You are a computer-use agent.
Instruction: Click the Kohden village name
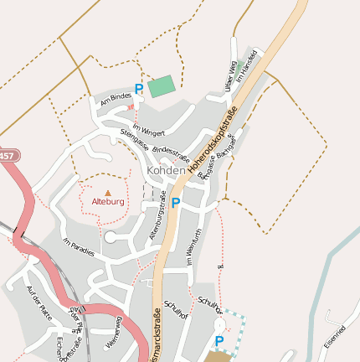pyautogui.click(x=166, y=170)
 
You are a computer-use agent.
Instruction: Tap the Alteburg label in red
pyautogui.click(x=108, y=202)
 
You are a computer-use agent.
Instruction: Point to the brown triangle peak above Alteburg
pyautogui.click(x=108, y=193)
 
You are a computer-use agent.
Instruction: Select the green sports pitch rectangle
pyautogui.click(x=162, y=86)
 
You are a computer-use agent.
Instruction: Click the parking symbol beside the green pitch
pyautogui.click(x=139, y=89)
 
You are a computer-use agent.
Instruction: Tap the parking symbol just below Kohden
pyautogui.click(x=176, y=202)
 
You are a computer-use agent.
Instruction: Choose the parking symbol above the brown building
pyautogui.click(x=219, y=341)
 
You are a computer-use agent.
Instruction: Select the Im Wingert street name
pyautogui.click(x=149, y=129)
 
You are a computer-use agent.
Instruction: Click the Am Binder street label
pyautogui.click(x=116, y=100)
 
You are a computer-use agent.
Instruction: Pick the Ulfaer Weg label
pyautogui.click(x=231, y=78)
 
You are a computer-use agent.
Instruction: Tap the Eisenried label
pyautogui.click(x=333, y=337)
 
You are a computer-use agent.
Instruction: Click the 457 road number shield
pyautogui.click(x=7, y=156)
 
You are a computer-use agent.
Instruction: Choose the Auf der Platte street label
pyautogui.click(x=39, y=301)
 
